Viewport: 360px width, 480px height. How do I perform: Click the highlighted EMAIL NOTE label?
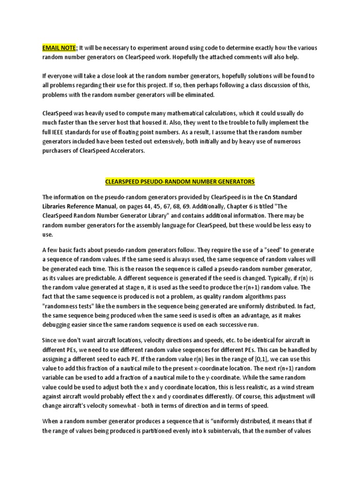[59, 47]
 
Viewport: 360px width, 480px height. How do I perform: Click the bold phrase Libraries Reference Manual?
[84, 206]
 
